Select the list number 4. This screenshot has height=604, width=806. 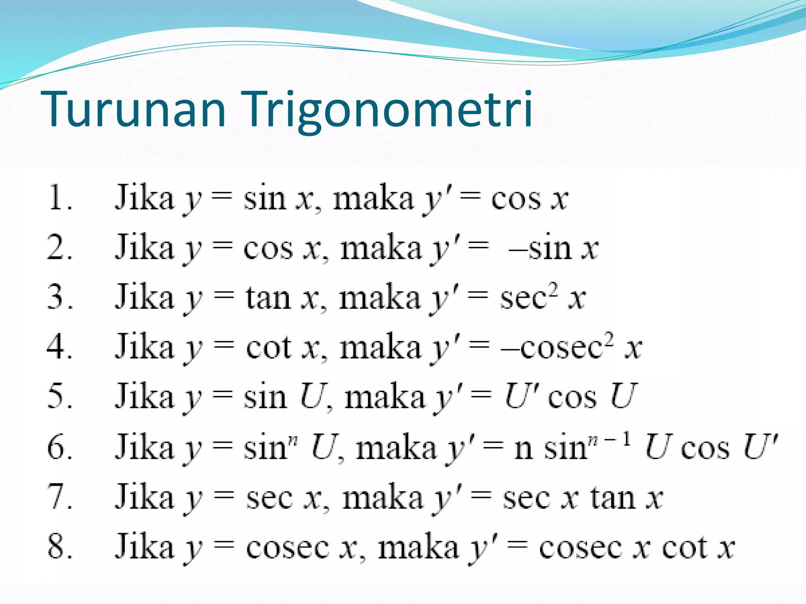[59, 347]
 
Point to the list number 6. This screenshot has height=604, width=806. [59, 447]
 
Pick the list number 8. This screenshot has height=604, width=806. [59, 547]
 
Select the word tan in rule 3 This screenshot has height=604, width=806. [268, 298]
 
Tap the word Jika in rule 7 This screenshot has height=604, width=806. [144, 497]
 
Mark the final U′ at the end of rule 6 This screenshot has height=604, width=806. [759, 447]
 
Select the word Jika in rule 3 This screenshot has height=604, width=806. [144, 297]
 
